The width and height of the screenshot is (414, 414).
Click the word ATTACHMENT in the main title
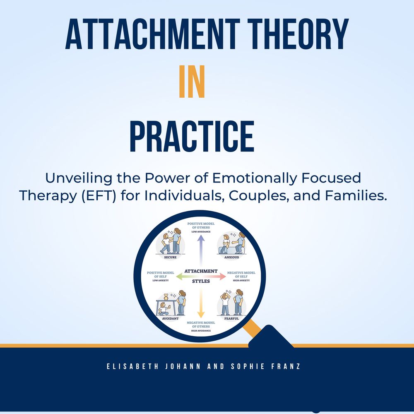(152, 34)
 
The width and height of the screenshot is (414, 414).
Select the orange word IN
(192, 81)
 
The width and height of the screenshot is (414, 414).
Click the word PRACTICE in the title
(192, 136)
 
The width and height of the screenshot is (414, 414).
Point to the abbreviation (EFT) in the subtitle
(99, 196)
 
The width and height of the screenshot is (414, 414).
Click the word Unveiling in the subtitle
(79, 178)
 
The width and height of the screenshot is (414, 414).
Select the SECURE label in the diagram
(170, 257)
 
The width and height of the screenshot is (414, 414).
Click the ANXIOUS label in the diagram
(231, 257)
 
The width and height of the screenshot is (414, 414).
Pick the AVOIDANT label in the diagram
(170, 318)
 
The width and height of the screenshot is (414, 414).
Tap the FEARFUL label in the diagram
(231, 318)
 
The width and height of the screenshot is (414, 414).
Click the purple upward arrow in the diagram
(201, 250)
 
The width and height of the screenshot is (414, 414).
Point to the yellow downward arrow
(201, 303)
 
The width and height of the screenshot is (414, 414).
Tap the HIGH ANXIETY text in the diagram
(241, 280)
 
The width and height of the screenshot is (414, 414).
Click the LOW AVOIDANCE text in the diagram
(201, 232)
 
